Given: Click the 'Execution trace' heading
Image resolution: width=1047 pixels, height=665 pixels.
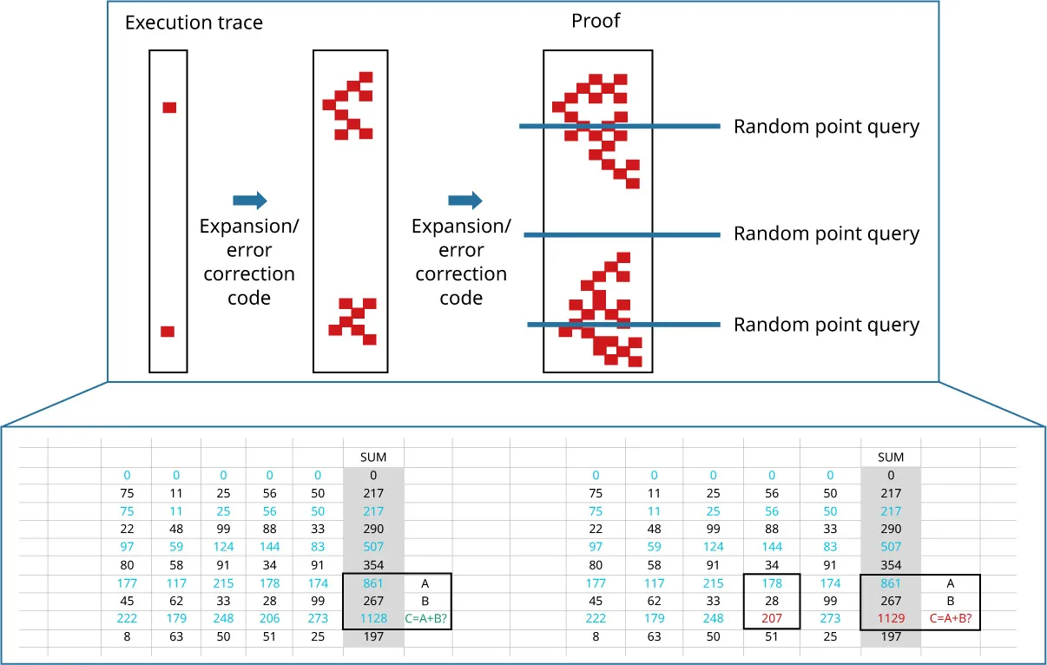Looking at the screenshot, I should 194,23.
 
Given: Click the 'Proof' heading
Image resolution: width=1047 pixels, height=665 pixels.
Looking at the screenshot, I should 596,21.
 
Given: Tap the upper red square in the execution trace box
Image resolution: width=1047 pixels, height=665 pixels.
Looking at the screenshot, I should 169,108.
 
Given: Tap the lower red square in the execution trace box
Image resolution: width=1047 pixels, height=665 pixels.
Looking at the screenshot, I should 168,332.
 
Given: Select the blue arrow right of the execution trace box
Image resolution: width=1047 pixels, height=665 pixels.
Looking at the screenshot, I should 250,201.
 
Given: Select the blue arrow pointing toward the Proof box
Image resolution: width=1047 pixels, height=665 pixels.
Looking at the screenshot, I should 464,201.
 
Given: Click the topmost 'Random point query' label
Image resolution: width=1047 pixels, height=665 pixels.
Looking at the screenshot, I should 826,127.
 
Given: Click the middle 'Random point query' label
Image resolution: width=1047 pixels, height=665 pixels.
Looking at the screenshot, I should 826,234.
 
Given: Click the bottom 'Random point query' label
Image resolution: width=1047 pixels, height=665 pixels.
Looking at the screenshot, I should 826,325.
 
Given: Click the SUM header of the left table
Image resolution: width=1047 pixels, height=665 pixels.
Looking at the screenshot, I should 373,457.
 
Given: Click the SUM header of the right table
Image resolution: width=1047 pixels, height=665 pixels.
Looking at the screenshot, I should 891,457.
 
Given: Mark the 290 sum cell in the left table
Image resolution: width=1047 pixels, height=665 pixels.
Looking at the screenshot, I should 373,529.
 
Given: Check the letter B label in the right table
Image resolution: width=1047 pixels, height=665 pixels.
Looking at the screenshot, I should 951,601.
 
